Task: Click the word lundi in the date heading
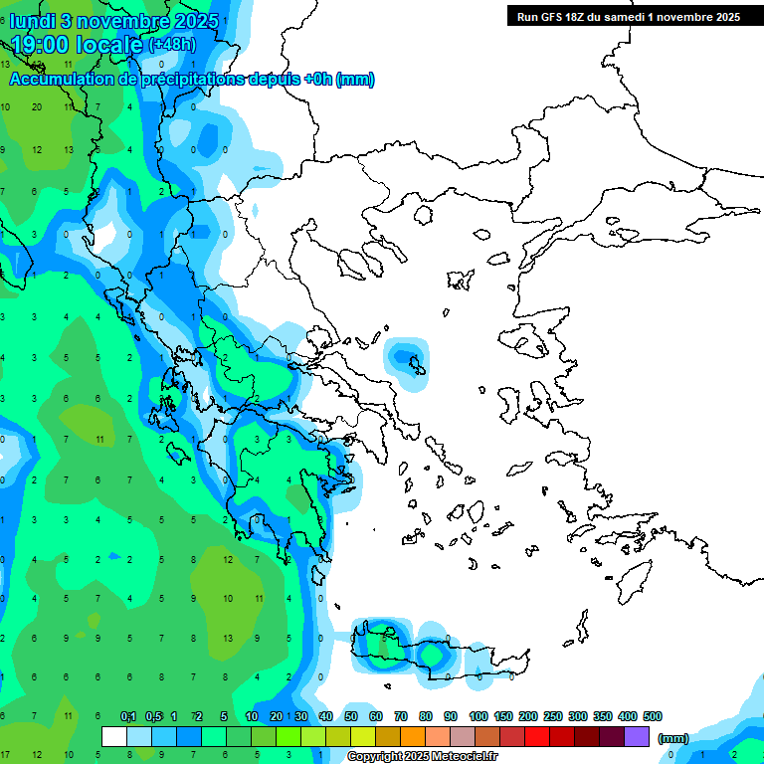[x=33, y=21]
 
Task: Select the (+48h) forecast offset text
[x=172, y=45]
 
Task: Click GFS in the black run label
[x=553, y=16]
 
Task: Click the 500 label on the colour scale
[x=653, y=716]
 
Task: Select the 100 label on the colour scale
[x=478, y=716]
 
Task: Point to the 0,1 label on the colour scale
[x=128, y=716]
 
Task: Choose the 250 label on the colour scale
[x=553, y=716]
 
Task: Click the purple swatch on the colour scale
[x=637, y=736]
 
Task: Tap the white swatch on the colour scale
[x=114, y=736]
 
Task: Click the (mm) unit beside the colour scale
[x=673, y=738]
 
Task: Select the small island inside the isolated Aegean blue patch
[x=416, y=368]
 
